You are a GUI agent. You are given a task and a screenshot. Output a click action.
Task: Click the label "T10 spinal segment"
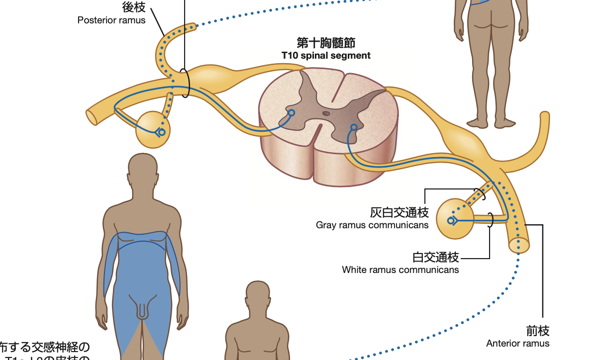point(326,55)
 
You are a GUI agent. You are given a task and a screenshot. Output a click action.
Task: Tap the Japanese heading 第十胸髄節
point(326,42)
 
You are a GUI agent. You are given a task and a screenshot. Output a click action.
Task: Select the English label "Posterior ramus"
point(111,20)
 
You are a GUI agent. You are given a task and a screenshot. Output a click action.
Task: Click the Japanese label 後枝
point(133,7)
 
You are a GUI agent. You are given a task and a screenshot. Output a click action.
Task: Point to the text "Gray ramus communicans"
point(372,225)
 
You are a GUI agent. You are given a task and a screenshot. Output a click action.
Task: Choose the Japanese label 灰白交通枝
point(399,213)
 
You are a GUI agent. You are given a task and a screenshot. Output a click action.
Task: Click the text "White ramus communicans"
point(400,270)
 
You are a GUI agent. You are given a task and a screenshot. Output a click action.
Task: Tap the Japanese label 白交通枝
point(436,257)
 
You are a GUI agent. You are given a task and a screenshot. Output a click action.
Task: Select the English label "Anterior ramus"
point(518,344)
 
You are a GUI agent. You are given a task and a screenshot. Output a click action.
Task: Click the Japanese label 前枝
point(538,331)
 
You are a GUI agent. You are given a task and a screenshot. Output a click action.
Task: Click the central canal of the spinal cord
point(326,113)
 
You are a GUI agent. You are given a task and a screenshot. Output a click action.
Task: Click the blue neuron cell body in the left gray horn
point(291,113)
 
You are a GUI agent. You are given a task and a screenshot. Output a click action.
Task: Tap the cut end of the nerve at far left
point(92,117)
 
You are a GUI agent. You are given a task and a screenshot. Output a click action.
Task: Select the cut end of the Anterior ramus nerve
point(519,245)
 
